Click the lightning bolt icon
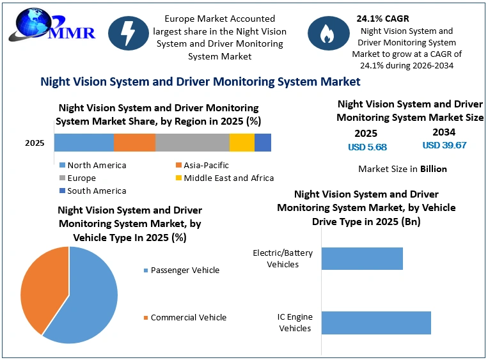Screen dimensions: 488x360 128,33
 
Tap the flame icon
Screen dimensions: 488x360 328,33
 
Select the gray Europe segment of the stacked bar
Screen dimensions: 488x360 193,143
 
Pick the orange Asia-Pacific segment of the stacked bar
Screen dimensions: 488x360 134,143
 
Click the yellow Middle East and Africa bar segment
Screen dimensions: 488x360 242,143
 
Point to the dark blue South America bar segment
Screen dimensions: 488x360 263,143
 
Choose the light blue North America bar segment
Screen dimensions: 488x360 84,143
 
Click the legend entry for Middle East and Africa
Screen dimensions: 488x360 224,178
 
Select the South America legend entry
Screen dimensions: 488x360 93,191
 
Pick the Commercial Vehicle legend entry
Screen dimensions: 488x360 185,317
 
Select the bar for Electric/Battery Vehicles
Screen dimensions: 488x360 362,258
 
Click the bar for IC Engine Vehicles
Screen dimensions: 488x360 376,323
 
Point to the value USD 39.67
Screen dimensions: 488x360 445,145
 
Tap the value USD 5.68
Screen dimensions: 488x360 367,147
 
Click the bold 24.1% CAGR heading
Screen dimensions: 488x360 383,19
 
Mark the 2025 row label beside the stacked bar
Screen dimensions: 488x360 35,143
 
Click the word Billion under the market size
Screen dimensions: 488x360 434,169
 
